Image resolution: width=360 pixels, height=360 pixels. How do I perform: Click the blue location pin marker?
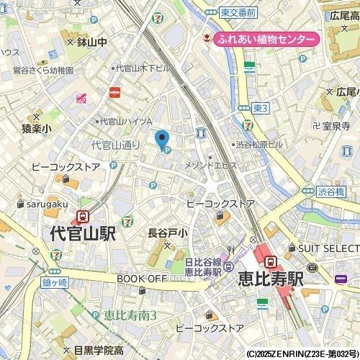[162, 138]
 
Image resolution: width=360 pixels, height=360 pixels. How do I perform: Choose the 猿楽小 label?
[36, 128]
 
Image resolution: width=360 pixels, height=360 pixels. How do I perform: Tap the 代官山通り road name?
[115, 145]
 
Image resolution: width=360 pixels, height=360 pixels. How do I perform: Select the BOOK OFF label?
[141, 279]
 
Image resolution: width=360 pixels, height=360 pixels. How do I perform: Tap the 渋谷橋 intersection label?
[332, 191]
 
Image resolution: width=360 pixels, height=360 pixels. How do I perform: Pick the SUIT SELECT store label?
[328, 248]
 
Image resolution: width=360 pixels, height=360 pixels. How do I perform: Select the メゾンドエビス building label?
[211, 166]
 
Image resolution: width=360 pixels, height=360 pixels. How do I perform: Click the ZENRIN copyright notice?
[302, 354]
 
